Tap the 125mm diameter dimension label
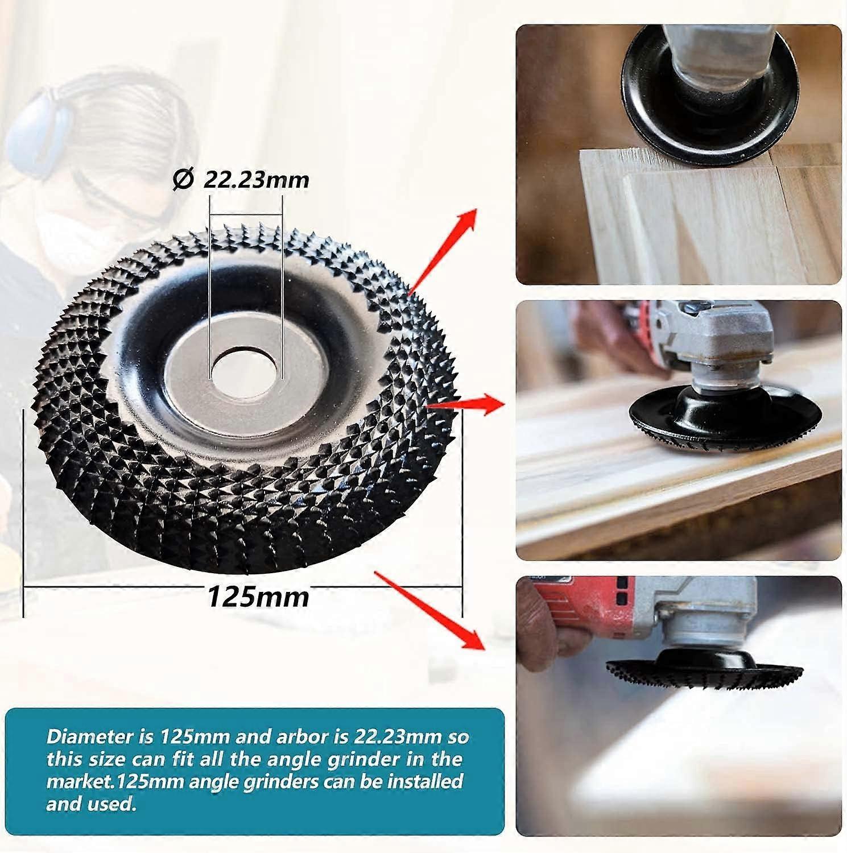coord(258,597)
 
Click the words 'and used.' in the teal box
coord(91,804)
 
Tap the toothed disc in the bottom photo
coord(705,674)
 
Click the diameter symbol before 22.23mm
coord(181,180)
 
